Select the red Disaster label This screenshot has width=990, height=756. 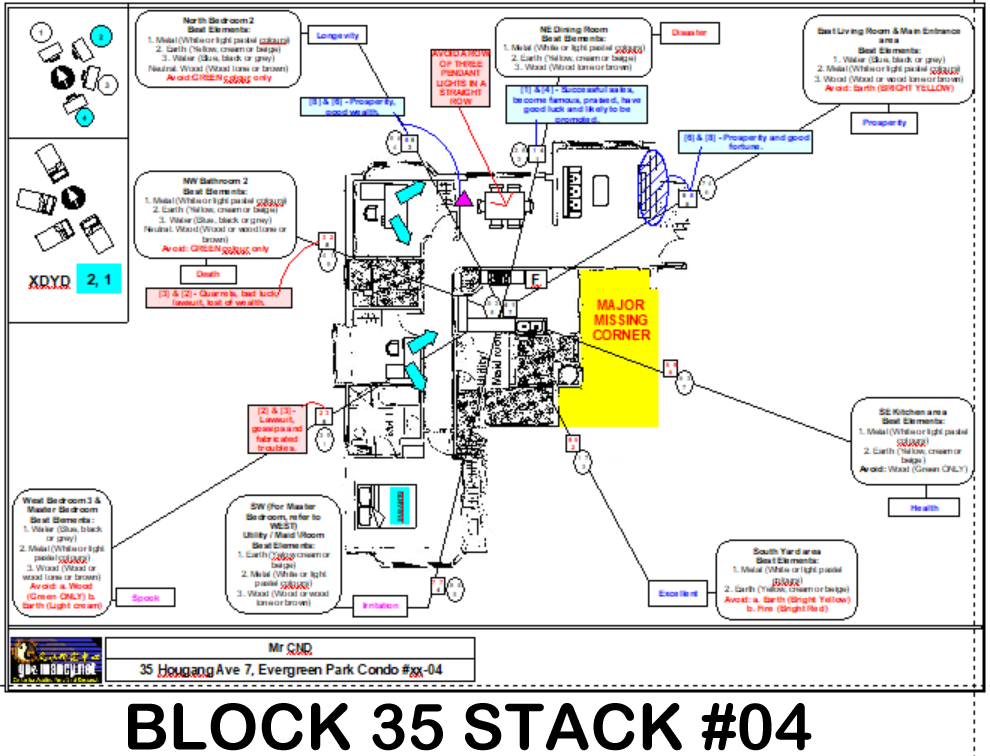(689, 33)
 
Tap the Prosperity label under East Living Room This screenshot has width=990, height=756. (885, 123)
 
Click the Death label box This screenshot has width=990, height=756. (208, 273)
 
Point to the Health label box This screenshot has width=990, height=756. (923, 507)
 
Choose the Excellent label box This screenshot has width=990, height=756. (678, 594)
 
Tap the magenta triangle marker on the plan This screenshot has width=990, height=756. (463, 200)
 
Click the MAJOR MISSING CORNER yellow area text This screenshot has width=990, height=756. (621, 320)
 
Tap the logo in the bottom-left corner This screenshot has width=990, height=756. (56, 660)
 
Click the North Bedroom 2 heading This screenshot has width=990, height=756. (217, 21)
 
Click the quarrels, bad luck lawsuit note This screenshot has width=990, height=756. (219, 297)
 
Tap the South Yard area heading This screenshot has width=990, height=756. (787, 551)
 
